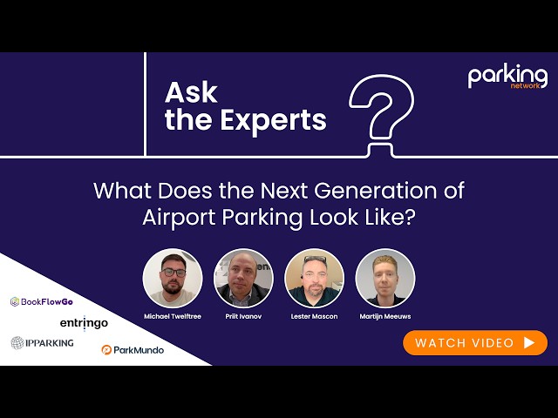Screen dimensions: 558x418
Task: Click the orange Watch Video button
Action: pyautogui.click(x=475, y=342)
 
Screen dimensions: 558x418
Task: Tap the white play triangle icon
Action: pyautogui.click(x=529, y=342)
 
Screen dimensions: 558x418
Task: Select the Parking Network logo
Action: pyautogui.click(x=507, y=76)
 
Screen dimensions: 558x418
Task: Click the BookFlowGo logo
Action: pyautogui.click(x=42, y=302)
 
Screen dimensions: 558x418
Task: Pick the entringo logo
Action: pyautogui.click(x=84, y=323)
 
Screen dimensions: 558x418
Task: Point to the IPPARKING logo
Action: pyautogui.click(x=42, y=343)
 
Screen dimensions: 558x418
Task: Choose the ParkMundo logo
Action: pyautogui.click(x=133, y=350)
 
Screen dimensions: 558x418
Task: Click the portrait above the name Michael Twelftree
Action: pyautogui.click(x=173, y=279)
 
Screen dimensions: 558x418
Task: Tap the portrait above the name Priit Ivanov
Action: pyautogui.click(x=243, y=279)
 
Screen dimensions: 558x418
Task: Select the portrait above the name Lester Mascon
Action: pyautogui.click(x=314, y=279)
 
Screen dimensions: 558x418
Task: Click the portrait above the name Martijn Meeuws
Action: pyautogui.click(x=385, y=279)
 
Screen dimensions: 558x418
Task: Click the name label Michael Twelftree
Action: pyautogui.click(x=173, y=316)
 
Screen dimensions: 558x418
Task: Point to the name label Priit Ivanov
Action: pyautogui.click(x=243, y=316)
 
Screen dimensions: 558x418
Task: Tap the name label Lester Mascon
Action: pyautogui.click(x=314, y=316)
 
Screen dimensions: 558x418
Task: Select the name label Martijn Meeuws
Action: pyautogui.click(x=385, y=316)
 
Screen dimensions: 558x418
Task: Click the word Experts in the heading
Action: pyautogui.click(x=273, y=120)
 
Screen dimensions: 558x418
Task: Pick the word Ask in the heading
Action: pyautogui.click(x=191, y=93)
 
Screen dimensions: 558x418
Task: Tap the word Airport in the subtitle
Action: pyautogui.click(x=179, y=218)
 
